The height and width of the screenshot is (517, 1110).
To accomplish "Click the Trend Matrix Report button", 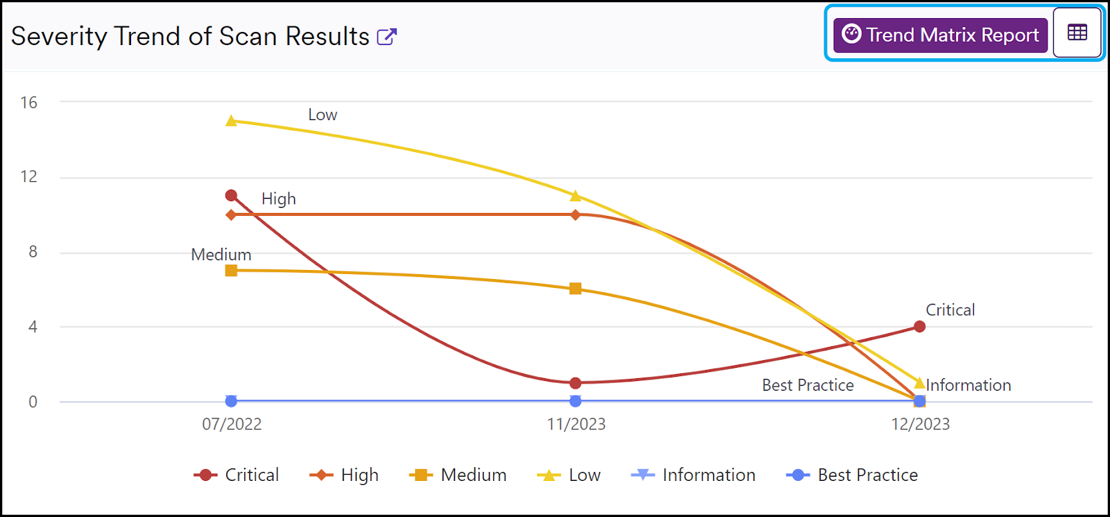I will [x=940, y=35].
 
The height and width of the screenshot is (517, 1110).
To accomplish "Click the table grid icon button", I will [x=1077, y=33].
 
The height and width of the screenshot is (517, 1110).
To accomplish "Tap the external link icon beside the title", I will [x=386, y=37].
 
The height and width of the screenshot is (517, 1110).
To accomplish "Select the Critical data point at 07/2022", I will [x=231, y=196].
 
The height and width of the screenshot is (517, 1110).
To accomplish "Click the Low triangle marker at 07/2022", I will [x=231, y=121].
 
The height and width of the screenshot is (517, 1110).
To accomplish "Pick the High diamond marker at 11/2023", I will [x=575, y=214].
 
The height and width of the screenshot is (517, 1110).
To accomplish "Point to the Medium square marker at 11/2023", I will [x=575, y=289].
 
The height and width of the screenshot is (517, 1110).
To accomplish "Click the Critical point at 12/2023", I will [x=919, y=326].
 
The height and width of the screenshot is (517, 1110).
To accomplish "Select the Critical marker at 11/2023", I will [x=575, y=383].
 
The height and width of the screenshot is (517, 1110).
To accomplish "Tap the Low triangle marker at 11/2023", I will [x=575, y=196].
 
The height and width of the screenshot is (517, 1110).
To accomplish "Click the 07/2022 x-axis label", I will [x=232, y=424].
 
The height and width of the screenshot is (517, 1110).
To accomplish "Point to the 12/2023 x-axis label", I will [x=920, y=424].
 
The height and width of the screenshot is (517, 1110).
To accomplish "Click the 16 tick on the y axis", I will [x=28, y=103].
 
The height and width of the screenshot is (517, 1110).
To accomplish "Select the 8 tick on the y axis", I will [x=33, y=252].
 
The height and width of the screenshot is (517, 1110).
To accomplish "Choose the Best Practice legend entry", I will [x=852, y=475].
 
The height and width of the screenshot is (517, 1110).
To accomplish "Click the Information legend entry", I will [x=693, y=475].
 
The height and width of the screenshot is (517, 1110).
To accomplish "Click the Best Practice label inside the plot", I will [x=808, y=385].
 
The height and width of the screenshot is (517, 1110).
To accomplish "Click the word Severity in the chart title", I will [x=58, y=36].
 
